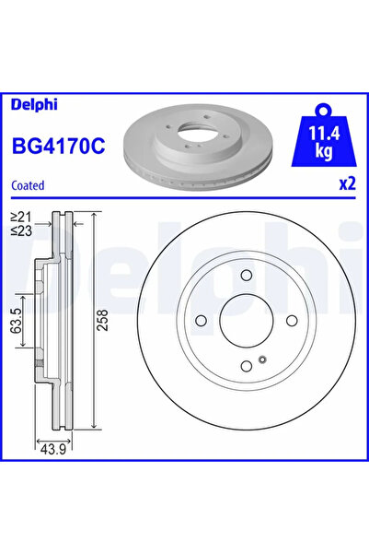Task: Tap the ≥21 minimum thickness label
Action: [19, 218]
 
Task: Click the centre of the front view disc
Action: [245, 321]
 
